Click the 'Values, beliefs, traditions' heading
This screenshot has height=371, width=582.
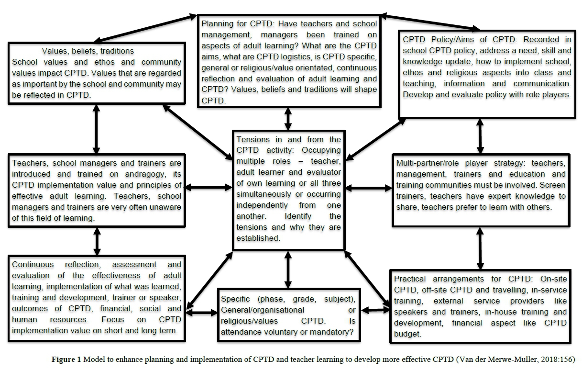point(88,51)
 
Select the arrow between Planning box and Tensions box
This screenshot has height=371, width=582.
point(288,118)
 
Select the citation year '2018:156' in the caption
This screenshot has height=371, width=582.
point(557,360)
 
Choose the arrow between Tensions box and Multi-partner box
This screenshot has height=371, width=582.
point(368,188)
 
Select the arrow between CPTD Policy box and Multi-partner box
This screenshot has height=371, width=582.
point(480,135)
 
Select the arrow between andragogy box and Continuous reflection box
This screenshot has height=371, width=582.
point(97,241)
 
